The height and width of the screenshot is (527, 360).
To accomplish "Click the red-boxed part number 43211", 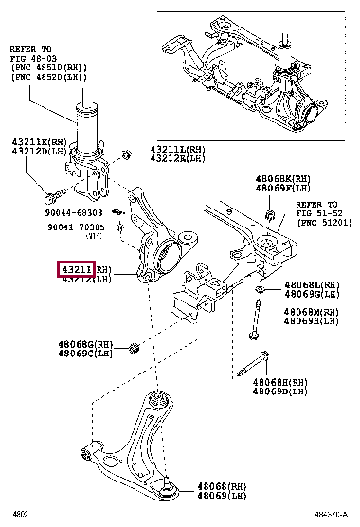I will (x=76, y=270).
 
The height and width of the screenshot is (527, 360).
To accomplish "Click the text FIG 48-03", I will (x=31, y=57).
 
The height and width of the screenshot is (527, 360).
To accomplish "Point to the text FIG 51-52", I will (x=317, y=212).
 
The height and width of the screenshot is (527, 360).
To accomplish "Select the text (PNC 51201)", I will (x=322, y=222).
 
